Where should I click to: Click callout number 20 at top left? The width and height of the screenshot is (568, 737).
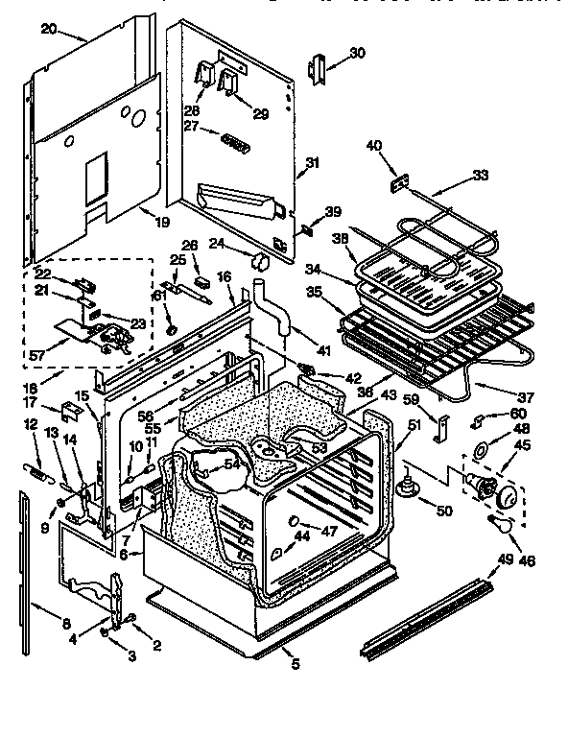[x=48, y=30]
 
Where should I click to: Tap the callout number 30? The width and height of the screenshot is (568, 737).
[x=357, y=53]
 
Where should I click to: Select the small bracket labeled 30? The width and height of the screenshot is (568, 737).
[x=318, y=66]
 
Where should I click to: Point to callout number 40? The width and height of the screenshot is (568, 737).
[x=374, y=146]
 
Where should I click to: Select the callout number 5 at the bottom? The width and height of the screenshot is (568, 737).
[x=294, y=661]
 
